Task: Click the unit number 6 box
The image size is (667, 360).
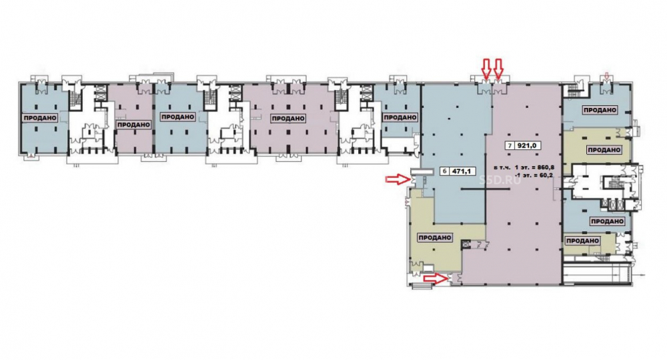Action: click(445, 171)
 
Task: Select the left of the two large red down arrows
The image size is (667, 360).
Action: click(486, 69)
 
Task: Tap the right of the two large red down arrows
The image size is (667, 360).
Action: click(498, 69)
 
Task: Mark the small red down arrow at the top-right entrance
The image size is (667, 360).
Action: click(606, 77)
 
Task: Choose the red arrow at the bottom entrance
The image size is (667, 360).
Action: click(436, 279)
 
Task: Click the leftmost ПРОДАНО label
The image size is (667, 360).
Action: click(41, 118)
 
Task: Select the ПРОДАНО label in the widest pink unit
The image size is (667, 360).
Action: click(288, 118)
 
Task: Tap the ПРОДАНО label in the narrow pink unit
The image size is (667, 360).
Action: click(133, 125)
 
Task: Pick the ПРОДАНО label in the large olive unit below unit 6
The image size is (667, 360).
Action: click(435, 237)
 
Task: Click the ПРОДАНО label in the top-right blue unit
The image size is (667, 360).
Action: click(600, 110)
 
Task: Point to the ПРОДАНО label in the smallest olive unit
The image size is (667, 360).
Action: click(583, 241)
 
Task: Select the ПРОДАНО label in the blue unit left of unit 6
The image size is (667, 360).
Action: click(400, 117)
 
